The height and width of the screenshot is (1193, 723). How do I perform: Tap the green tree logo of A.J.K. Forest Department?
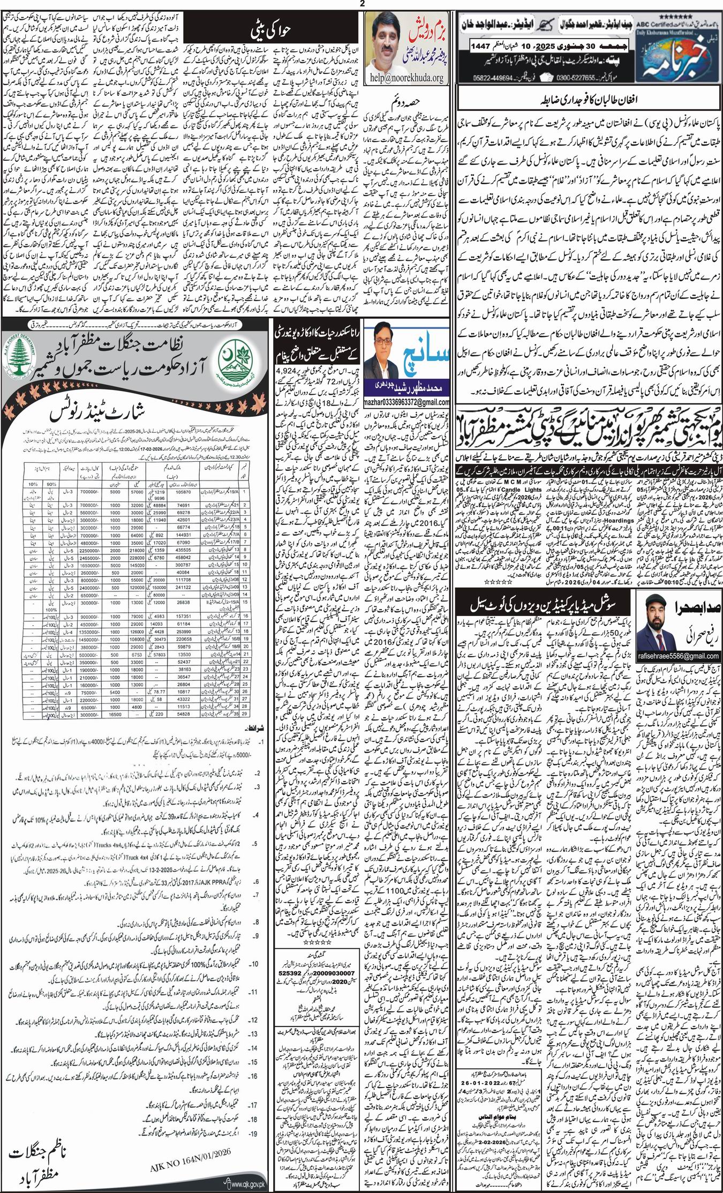point(25,362)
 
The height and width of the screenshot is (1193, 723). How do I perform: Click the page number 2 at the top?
point(362,4)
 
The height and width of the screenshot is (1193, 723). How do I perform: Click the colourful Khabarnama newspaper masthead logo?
point(680,59)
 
